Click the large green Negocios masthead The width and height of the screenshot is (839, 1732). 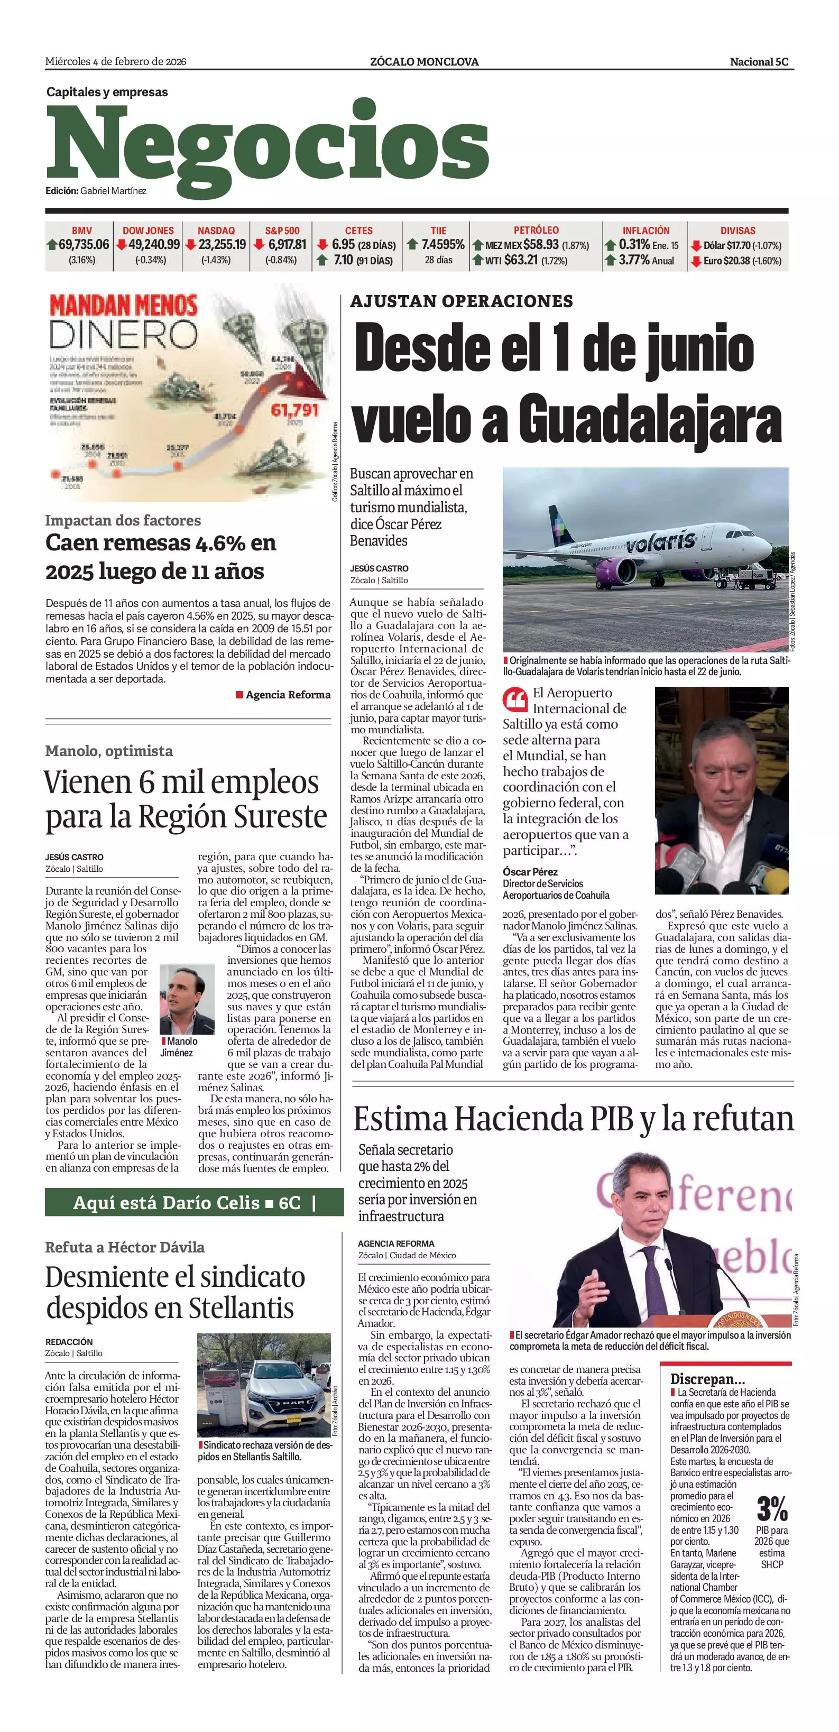click(267, 146)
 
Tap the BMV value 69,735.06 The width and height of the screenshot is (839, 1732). click(84, 245)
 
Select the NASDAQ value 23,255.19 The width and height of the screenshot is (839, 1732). click(222, 245)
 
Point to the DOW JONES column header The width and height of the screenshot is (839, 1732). click(148, 231)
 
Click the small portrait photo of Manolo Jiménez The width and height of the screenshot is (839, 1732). click(187, 999)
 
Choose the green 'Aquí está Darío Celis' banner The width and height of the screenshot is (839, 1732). click(193, 1202)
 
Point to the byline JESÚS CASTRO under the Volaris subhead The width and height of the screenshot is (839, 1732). click(379, 568)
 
